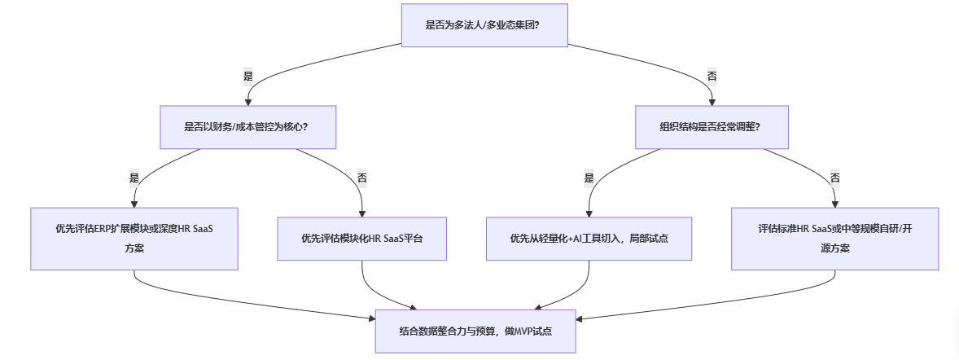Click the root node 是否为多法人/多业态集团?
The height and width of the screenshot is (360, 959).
(483, 25)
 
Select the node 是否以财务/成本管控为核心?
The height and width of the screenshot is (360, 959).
(248, 127)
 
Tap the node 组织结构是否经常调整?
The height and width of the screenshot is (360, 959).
(712, 127)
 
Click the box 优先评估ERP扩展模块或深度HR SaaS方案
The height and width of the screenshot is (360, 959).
(134, 238)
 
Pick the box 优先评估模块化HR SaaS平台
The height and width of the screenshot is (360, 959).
(362, 239)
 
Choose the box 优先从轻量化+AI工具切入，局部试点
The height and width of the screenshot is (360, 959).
(589, 239)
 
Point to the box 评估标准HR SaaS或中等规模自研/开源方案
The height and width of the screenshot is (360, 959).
(834, 238)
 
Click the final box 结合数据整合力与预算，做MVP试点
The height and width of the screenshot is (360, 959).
(475, 331)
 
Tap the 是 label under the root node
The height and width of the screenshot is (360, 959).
(248, 76)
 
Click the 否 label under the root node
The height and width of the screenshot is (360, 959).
(712, 76)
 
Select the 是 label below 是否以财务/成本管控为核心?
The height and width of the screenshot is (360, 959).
(134, 178)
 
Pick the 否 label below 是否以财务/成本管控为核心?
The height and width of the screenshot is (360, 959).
(362, 178)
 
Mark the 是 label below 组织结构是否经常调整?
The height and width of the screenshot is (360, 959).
(589, 178)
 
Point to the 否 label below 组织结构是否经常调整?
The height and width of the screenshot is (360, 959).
(834, 178)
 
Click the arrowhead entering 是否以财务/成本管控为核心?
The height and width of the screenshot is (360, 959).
(248, 102)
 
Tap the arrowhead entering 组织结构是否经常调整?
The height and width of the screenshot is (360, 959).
(712, 102)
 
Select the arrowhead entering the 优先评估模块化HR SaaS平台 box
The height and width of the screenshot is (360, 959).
(362, 213)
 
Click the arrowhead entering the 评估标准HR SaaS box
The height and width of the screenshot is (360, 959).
(834, 204)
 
